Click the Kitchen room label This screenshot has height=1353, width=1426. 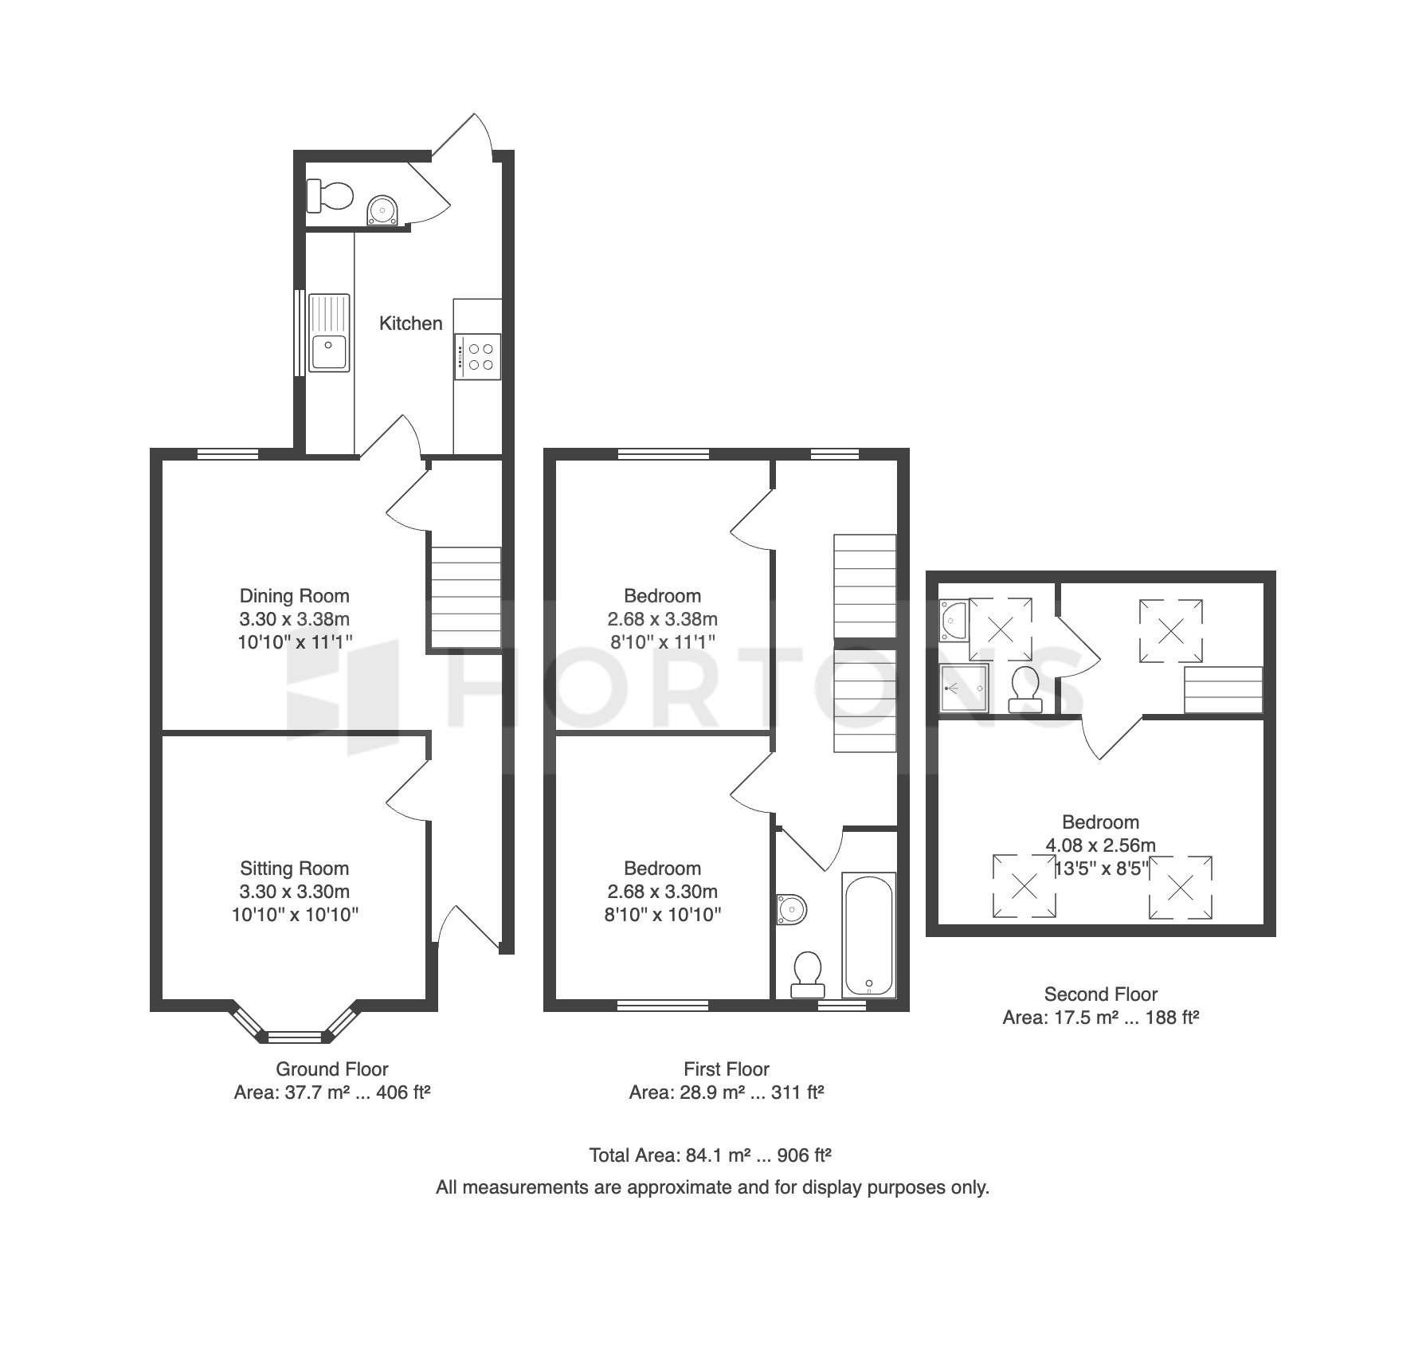coord(410,324)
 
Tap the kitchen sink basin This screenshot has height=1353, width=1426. coord(329,352)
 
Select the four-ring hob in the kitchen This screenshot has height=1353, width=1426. coord(478,356)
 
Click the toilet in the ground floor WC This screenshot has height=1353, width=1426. coord(330,195)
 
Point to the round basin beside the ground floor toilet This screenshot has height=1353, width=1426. coord(382,211)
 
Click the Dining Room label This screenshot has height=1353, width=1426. coord(295,596)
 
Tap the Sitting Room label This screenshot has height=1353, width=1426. coord(295,869)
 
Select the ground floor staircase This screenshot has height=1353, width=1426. coord(466,597)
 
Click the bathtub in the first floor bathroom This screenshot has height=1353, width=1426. coord(869,935)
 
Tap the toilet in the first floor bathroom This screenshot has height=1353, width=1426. coord(807,975)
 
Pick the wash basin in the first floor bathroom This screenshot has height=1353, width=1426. coord(792,909)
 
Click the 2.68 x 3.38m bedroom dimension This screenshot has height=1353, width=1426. coord(663,619)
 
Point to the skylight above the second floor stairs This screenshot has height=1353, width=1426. coord(1170,632)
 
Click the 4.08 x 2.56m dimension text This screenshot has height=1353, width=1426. coord(1101,845)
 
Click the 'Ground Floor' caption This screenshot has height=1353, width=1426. coord(332,1069)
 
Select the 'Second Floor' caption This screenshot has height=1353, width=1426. coord(1101,994)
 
